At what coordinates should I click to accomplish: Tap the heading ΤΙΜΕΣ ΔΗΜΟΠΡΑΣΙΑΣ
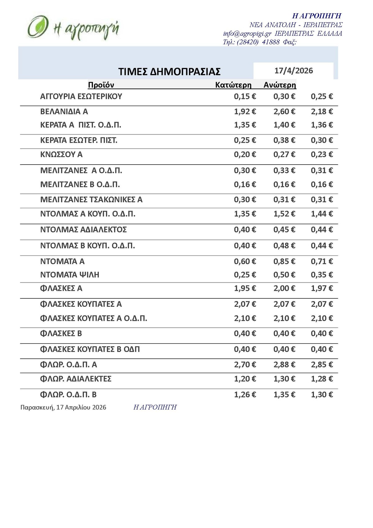[x=169, y=72]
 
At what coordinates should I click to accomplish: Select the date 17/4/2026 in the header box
[x=293, y=71]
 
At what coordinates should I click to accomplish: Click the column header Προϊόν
[x=101, y=85]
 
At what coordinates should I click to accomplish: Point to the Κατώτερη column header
[x=233, y=85]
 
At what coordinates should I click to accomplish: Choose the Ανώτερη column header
[x=280, y=85]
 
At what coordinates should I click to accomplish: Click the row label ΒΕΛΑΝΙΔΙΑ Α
[x=64, y=111]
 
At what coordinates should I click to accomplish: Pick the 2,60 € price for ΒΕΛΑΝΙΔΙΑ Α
[x=284, y=111]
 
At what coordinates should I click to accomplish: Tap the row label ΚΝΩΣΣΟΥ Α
[x=61, y=155]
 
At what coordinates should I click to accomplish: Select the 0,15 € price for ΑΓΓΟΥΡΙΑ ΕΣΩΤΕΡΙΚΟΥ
[x=245, y=96]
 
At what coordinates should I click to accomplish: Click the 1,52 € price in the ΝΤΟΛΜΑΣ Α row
[x=284, y=214]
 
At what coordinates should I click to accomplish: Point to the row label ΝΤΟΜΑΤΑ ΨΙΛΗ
[x=70, y=275]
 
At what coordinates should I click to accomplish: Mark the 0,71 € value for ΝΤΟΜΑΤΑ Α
[x=322, y=261]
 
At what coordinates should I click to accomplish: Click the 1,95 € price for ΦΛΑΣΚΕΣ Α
[x=245, y=288]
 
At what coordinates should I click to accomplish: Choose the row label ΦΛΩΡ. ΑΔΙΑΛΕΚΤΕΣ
[x=76, y=379]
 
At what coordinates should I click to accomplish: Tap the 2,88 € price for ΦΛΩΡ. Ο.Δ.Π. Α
[x=284, y=365]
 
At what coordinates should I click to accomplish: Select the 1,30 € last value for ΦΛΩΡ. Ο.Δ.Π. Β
[x=322, y=395]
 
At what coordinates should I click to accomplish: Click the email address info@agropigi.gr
[x=247, y=34]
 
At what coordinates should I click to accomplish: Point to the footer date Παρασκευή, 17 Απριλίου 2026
[x=63, y=407]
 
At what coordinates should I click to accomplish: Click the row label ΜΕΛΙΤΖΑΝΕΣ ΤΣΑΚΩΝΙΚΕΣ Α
[x=91, y=200]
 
